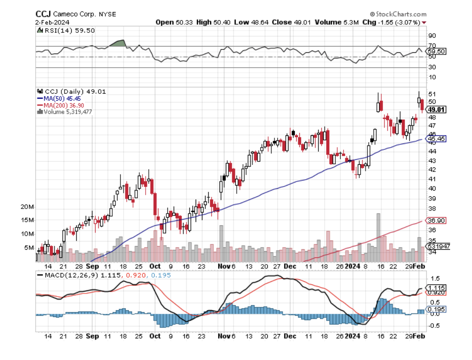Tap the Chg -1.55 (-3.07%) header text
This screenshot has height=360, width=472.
coord(391,22)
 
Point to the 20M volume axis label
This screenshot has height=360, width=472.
coord(28,207)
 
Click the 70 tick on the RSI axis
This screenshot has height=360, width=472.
coord(432,46)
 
